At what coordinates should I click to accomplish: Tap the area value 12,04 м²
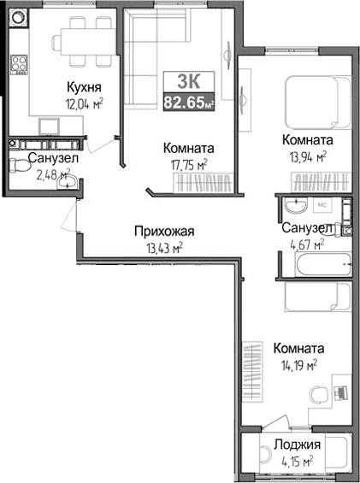[85, 103]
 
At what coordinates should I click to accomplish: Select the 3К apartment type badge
[188, 81]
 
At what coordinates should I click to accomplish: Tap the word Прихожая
[164, 231]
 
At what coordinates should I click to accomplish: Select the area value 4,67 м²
[305, 246]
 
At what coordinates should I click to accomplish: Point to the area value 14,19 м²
[298, 365]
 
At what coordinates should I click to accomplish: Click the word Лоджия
[297, 445]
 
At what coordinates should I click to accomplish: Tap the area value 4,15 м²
[297, 462]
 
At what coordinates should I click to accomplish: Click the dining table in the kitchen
[82, 43]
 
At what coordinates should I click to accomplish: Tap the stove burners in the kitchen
[18, 64]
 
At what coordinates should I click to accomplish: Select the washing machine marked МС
[324, 206]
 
